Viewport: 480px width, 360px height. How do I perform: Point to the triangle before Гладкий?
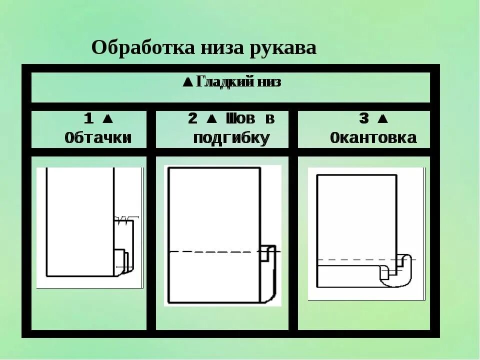[x=187, y=82]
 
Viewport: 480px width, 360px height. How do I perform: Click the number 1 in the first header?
[x=88, y=119]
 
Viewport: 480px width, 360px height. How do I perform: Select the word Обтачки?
[x=98, y=137]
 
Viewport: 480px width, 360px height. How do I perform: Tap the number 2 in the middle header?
[x=192, y=119]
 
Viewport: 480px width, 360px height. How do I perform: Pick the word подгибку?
[x=231, y=137]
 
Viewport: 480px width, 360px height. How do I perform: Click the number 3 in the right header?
[x=364, y=119]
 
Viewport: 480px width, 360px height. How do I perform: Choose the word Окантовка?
[x=373, y=137]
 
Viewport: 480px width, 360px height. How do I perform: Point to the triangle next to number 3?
[x=382, y=119]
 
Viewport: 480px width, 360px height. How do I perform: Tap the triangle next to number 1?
[x=106, y=119]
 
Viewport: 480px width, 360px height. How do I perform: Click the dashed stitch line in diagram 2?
[x=215, y=251]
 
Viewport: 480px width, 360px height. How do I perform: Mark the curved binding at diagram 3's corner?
[x=400, y=272]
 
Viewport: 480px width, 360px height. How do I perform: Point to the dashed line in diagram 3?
[x=350, y=260]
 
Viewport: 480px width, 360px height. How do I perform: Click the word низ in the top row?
[x=269, y=82]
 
